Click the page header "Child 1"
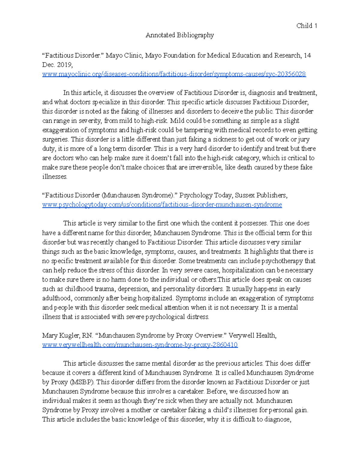click(307, 26)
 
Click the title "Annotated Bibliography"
click(180, 35)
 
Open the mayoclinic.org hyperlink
click(174, 74)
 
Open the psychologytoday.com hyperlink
click(162, 205)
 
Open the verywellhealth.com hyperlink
click(140, 345)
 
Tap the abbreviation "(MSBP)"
click(82, 382)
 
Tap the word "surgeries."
click(55, 139)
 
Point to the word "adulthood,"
click(57, 298)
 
